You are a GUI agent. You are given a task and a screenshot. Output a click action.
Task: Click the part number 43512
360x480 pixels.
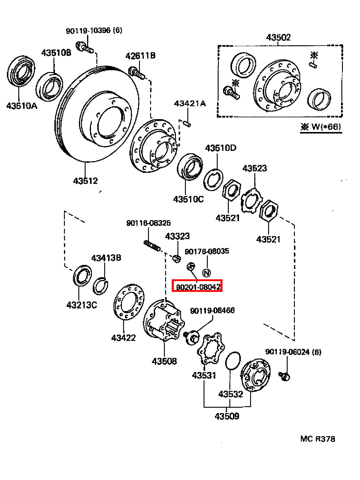[x=85, y=181]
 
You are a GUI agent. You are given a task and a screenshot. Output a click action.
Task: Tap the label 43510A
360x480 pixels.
[x=22, y=106]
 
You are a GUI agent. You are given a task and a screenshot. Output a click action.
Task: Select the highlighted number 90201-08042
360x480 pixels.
[x=198, y=286]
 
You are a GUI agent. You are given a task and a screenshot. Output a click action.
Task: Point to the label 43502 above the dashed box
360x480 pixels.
[x=278, y=37]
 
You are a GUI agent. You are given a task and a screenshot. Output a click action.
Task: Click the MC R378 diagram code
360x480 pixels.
[x=318, y=439]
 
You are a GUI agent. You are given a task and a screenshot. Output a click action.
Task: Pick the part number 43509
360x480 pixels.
[x=227, y=416]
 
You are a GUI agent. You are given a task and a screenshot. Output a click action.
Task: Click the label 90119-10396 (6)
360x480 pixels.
[x=94, y=30]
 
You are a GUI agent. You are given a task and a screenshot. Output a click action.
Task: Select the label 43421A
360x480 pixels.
[x=190, y=103]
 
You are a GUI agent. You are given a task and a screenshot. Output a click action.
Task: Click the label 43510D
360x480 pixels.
[x=221, y=148]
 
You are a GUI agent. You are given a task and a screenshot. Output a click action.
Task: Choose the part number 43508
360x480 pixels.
[x=164, y=361]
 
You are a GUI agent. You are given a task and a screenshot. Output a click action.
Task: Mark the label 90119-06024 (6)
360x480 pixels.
[x=293, y=352]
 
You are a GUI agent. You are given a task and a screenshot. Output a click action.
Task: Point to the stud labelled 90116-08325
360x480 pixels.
[x=152, y=246]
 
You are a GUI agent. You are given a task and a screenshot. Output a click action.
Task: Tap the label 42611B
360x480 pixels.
[x=140, y=56]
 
